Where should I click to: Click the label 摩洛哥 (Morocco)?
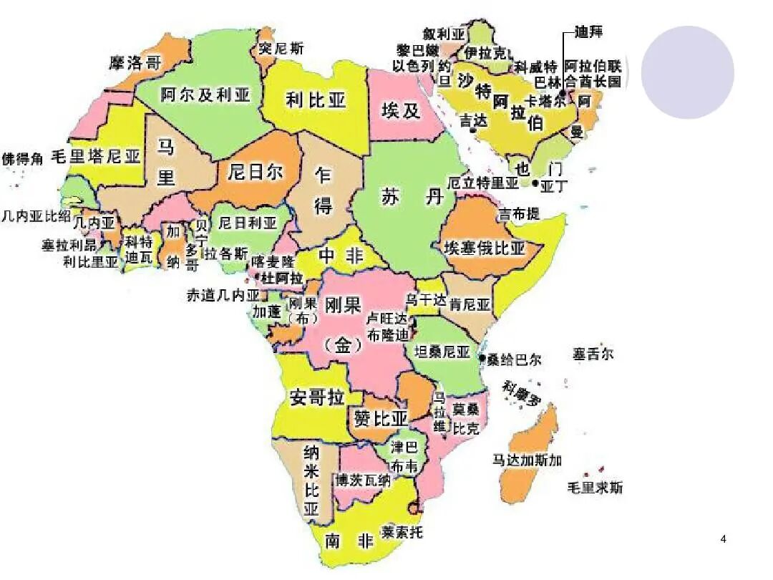[x=136, y=63]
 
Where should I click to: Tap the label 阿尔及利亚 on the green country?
[x=205, y=95]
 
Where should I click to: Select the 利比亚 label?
[x=316, y=99]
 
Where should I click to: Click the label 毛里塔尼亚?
[x=96, y=157]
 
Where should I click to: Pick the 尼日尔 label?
[x=256, y=172]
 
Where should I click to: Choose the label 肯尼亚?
[x=470, y=304]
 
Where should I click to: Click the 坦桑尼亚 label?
[x=443, y=352]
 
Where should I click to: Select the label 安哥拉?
[x=318, y=397]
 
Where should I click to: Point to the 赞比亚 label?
[x=380, y=418]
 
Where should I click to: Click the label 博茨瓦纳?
[x=364, y=480]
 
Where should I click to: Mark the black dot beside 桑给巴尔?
[x=482, y=358]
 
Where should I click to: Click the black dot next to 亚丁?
[x=535, y=183]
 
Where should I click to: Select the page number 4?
[x=724, y=538]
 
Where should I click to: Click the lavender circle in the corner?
[x=687, y=72]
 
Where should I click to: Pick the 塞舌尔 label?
[x=593, y=354]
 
